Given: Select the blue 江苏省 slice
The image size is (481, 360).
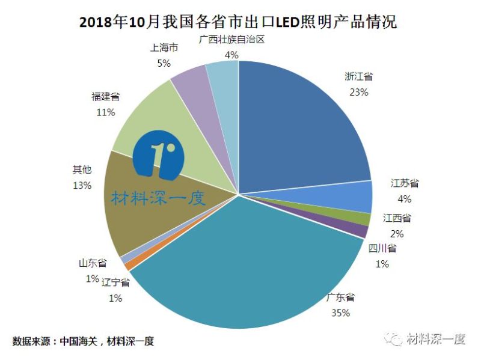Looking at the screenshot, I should point(355,196).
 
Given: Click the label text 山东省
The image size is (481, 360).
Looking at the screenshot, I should point(92,263).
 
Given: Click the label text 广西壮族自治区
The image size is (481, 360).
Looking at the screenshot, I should point(231,40).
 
